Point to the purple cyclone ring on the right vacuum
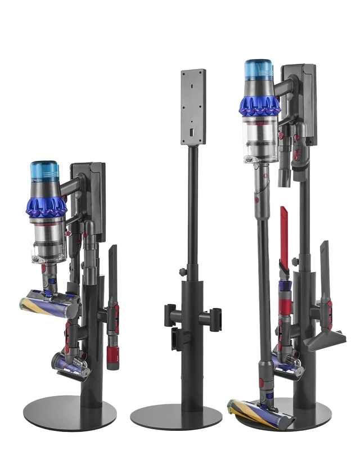coord(259,105)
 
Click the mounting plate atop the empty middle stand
coord(193,107)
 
